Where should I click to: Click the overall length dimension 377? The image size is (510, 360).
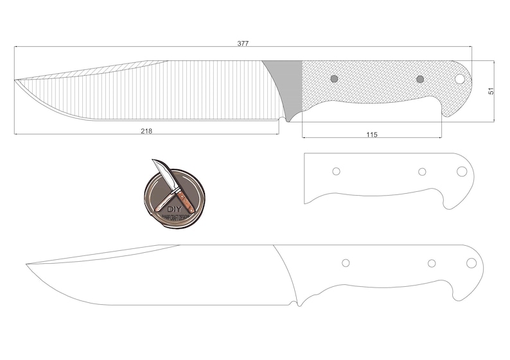(243, 44)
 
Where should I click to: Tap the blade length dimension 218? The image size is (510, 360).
(146, 131)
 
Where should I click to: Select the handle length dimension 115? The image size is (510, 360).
(371, 135)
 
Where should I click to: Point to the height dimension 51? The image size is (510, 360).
(491, 91)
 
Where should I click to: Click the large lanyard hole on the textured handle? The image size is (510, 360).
(460, 78)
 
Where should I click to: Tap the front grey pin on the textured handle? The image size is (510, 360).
(334, 79)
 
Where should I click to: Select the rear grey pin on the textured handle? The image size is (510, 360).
(420, 79)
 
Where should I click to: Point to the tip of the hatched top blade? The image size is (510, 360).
(15, 80)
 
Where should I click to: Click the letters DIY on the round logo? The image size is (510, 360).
(174, 209)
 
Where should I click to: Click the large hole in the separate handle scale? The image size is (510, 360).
(462, 171)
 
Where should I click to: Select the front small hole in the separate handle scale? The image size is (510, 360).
(336, 171)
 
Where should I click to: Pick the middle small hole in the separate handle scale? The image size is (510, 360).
(422, 171)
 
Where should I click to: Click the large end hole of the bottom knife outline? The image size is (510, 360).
(471, 263)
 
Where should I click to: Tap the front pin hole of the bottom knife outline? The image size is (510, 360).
(346, 263)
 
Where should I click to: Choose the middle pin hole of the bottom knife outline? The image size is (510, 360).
(432, 263)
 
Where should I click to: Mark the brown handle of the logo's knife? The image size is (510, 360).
(186, 200)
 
